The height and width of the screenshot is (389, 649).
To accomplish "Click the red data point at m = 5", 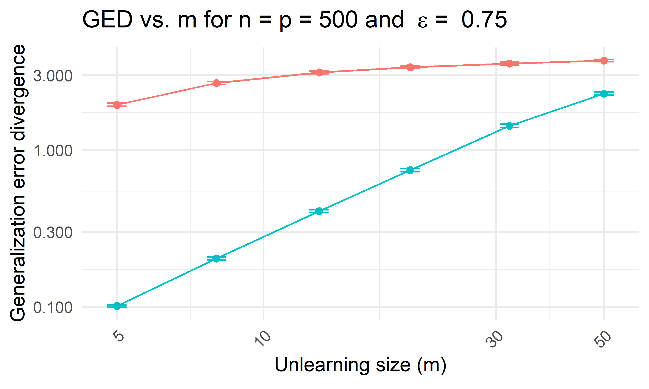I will (117, 105).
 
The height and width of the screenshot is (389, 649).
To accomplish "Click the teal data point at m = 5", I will (117, 306).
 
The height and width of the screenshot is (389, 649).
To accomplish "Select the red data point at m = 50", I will (604, 61).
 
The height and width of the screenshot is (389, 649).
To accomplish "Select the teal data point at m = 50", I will (604, 94).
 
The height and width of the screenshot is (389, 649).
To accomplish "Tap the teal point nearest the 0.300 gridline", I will (319, 211).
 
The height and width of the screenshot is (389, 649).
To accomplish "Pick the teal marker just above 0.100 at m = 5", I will (117, 306).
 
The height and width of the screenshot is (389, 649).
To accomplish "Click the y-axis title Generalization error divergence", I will (18, 183).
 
